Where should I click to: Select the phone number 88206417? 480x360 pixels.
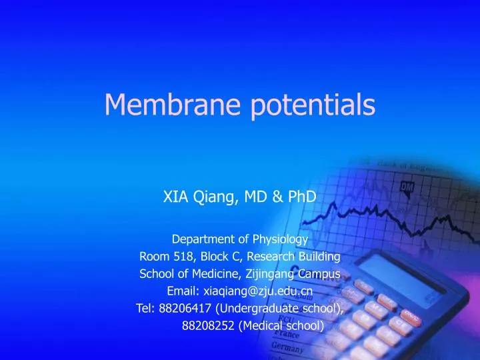pyautogui.click(x=182, y=309)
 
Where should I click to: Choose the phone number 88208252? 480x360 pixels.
pyautogui.click(x=205, y=326)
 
